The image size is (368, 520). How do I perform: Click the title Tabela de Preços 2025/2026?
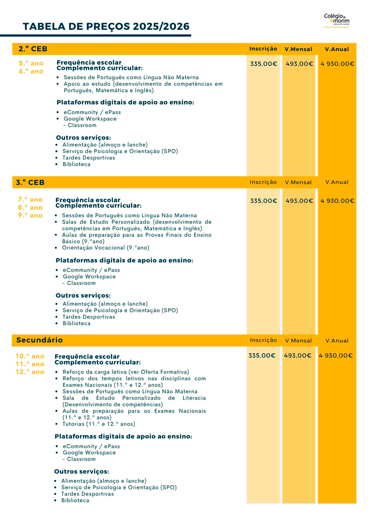click(x=106, y=27)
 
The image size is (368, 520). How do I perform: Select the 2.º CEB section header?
click(x=33, y=49)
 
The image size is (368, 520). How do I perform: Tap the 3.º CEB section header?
click(x=30, y=182)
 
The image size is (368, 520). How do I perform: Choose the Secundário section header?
click(x=40, y=340)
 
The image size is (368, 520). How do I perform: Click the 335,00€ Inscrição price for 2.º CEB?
click(x=264, y=64)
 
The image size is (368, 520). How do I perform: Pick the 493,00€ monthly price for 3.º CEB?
click(x=299, y=201)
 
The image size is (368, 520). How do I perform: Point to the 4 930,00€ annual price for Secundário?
click(x=336, y=356)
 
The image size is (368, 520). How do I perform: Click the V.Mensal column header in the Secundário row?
click(x=298, y=341)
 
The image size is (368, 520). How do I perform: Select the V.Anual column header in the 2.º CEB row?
click(x=337, y=49)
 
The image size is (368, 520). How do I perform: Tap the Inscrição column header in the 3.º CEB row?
click(x=263, y=182)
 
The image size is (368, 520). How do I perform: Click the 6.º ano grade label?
click(x=31, y=72)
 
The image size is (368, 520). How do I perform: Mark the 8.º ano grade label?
click(x=30, y=208)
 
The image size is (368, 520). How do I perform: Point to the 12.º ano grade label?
click(x=30, y=372)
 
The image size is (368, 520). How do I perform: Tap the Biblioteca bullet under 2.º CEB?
click(x=76, y=164)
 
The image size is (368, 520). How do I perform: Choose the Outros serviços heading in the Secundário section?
click(x=81, y=472)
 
